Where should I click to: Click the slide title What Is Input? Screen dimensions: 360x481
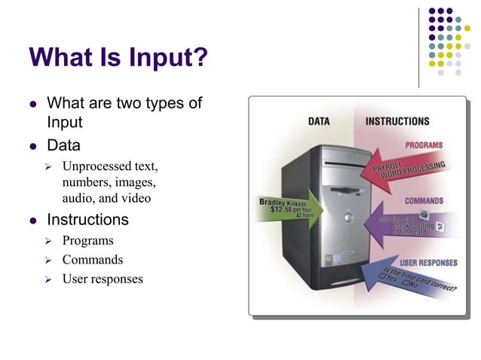117,58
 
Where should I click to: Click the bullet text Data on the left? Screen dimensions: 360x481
63,145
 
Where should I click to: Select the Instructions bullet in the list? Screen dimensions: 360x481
87,220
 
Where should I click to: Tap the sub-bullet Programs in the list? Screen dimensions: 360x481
87,241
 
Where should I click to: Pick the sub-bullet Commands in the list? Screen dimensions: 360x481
92,261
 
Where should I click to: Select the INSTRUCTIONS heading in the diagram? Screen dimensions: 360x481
397,121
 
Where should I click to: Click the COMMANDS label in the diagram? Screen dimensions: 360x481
424,201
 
